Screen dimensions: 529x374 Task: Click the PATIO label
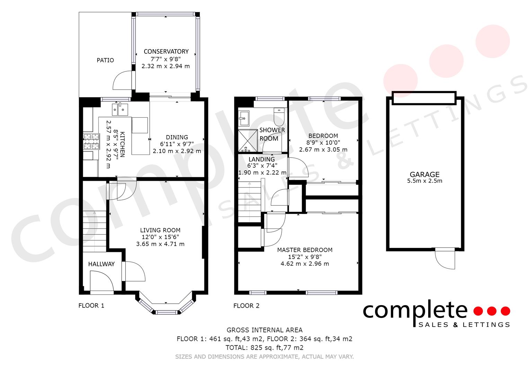(105, 60)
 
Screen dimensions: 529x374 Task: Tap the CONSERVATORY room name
(166, 52)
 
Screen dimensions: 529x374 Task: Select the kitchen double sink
(120, 109)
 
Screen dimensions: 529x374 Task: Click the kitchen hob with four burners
(91, 141)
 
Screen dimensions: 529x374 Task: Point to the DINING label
(177, 137)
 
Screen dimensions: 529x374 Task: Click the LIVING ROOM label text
(160, 230)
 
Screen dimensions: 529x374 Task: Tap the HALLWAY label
(102, 264)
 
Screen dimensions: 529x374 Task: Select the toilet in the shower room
(279, 117)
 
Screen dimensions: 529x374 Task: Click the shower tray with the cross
(247, 141)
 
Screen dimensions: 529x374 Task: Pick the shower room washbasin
(244, 118)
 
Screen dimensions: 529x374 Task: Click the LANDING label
(262, 159)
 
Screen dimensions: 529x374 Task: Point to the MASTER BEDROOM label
(305, 250)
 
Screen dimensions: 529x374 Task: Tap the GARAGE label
(425, 175)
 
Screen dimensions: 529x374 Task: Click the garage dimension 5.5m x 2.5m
(425, 181)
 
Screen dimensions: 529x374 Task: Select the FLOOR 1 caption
(91, 305)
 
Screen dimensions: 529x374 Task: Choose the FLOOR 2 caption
(246, 306)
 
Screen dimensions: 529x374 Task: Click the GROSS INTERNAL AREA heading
(265, 330)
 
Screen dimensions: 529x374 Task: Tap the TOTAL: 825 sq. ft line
(265, 348)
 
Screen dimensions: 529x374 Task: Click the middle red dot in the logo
(492, 311)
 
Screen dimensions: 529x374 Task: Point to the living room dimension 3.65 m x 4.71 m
(160, 244)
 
